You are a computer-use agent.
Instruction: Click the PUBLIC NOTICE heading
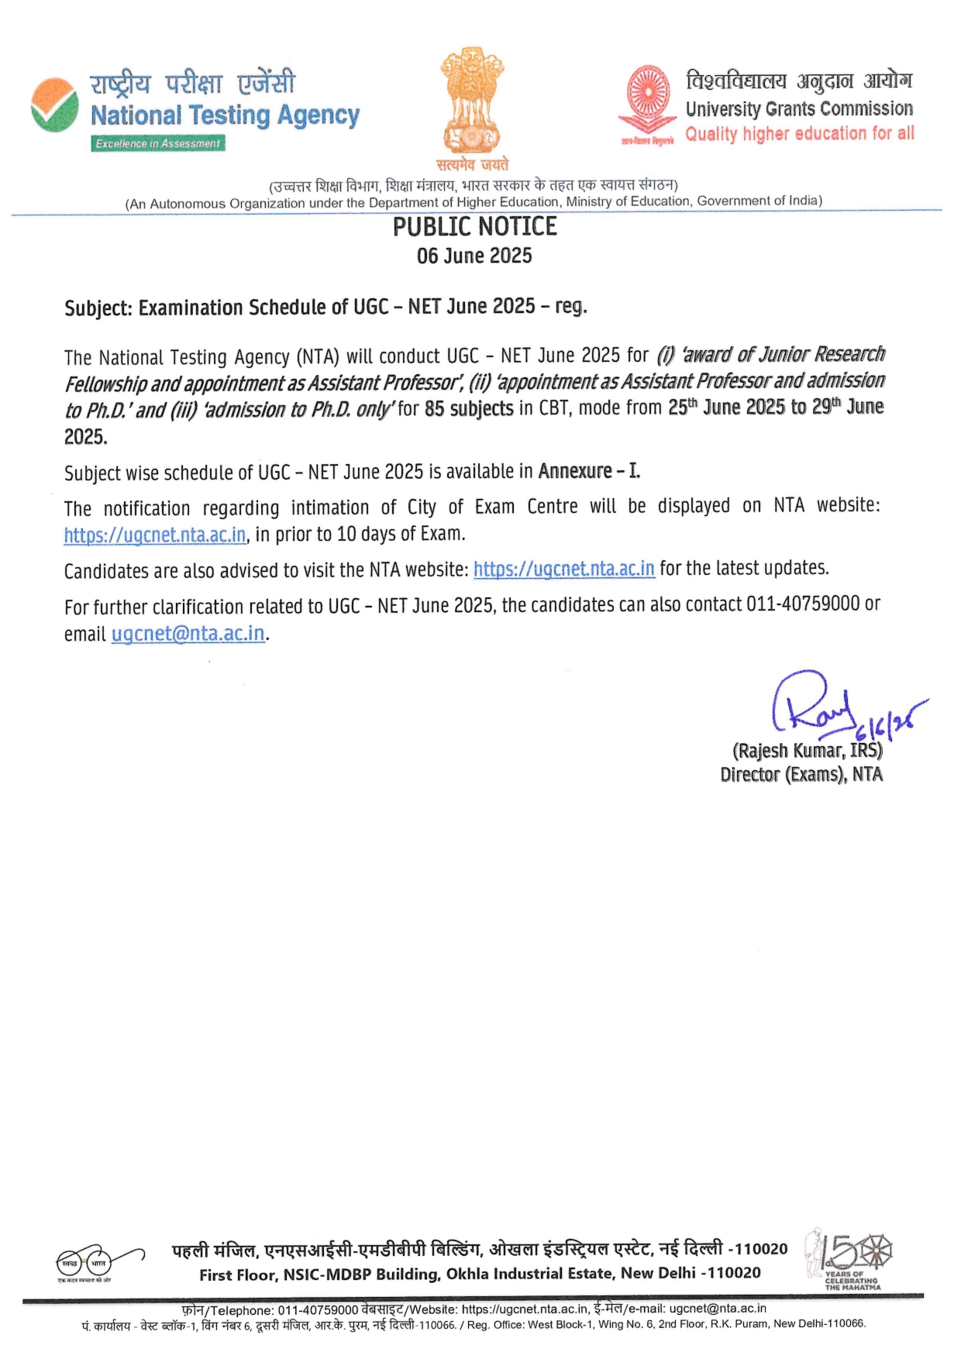tap(474, 226)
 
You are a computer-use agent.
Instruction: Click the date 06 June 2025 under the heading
tap(474, 256)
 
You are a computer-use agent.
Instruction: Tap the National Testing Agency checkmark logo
tap(54, 105)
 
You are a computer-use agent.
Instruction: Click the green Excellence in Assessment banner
tap(158, 143)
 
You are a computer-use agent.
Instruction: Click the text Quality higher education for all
tap(799, 134)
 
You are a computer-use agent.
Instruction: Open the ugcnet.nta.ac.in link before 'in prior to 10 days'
tap(155, 535)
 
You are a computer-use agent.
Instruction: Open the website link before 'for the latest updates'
tap(563, 569)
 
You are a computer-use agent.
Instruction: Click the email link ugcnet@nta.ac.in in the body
tap(188, 634)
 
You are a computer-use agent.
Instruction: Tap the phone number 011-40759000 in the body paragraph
tap(802, 604)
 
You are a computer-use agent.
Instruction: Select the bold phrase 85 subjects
tap(469, 408)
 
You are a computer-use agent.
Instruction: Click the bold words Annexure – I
tap(589, 471)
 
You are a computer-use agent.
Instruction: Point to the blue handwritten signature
tap(821, 705)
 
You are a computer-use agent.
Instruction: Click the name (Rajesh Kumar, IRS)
tap(807, 751)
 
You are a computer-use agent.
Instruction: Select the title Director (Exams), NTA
tap(801, 774)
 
